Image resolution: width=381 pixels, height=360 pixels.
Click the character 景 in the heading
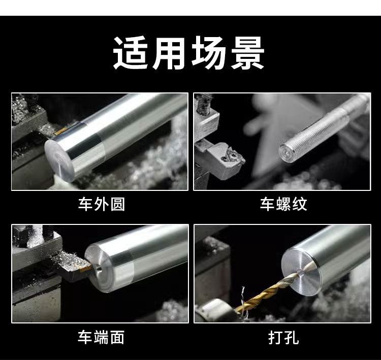pyautogui.click(x=247, y=53)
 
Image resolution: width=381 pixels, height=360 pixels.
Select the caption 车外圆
pyautogui.click(x=102, y=204)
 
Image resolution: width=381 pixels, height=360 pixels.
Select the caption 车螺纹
pyautogui.click(x=283, y=204)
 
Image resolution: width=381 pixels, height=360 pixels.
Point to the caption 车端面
pyautogui.click(x=101, y=337)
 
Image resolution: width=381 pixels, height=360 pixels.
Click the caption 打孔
pyautogui.click(x=283, y=338)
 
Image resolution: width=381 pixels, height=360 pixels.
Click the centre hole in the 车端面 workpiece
pyautogui.click(x=99, y=269)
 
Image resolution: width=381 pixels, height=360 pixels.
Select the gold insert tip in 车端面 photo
pyautogui.click(x=86, y=268)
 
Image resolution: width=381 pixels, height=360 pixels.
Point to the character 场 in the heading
pyautogui.click(x=208, y=53)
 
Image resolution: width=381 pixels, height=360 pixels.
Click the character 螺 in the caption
pyautogui.click(x=283, y=204)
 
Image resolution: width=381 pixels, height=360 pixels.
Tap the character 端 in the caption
pyautogui.click(x=101, y=337)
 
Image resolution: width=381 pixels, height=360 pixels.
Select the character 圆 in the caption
pyautogui.click(x=118, y=204)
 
